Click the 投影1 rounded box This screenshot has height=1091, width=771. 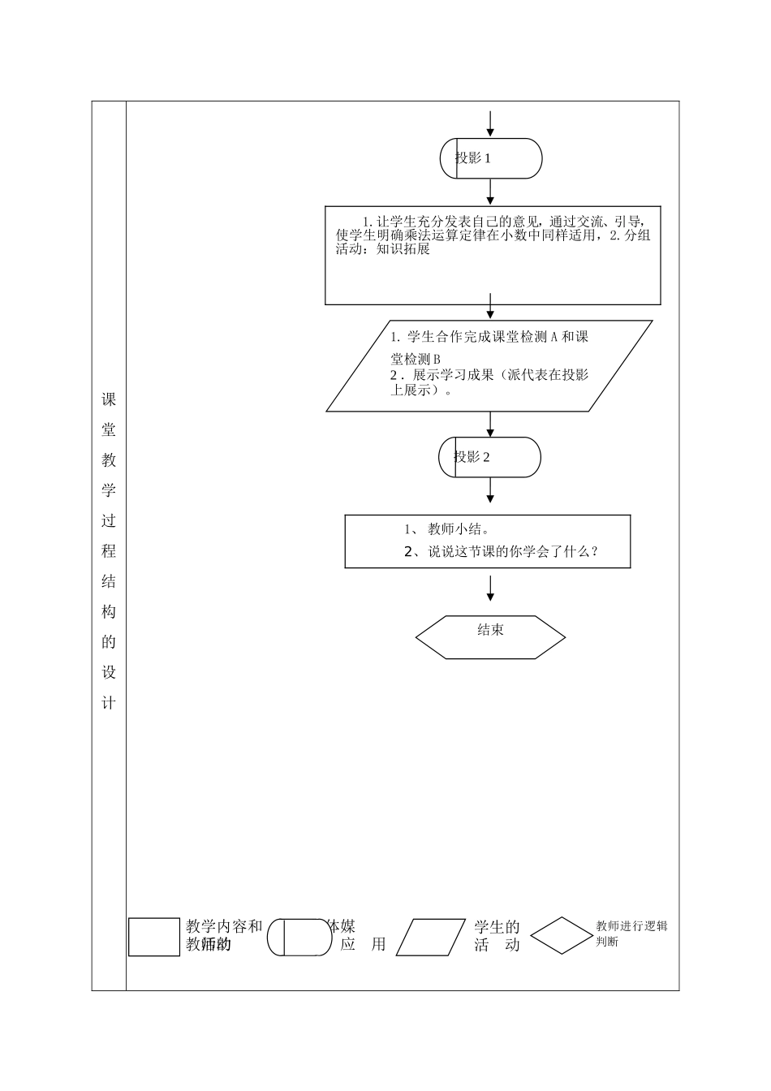(x=490, y=158)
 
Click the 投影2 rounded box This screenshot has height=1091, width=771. (x=489, y=457)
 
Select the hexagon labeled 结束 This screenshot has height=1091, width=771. (x=490, y=636)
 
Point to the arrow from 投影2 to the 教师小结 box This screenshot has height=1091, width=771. (x=490, y=490)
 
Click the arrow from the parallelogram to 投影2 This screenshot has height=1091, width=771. (x=490, y=424)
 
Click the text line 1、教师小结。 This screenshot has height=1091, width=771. (x=447, y=530)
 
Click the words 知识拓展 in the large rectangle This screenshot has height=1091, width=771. (x=403, y=250)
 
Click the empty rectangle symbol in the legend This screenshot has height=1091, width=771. (x=154, y=937)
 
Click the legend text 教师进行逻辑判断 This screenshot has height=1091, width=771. (x=631, y=934)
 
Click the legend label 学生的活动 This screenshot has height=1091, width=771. (x=497, y=935)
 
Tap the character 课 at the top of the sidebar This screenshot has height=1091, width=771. (x=109, y=400)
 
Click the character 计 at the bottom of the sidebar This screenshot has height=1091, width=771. (x=109, y=703)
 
